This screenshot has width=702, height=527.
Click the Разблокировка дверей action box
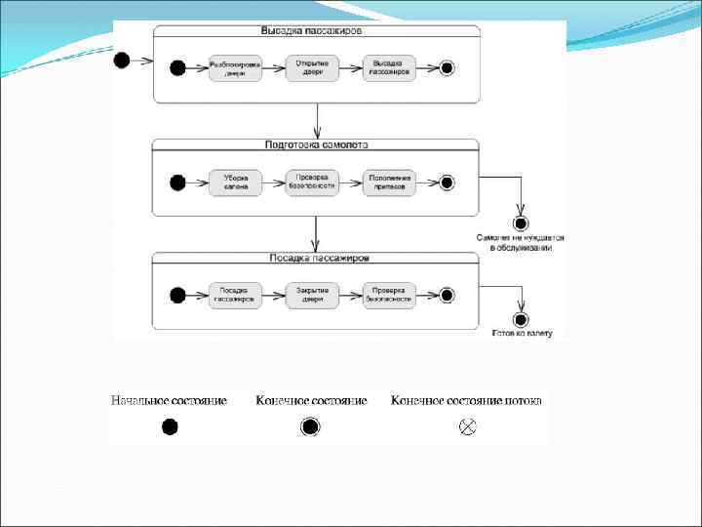[235, 67]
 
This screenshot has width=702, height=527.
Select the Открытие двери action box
[312, 67]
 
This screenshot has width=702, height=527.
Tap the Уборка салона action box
[235, 182]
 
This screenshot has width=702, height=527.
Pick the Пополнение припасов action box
[390, 182]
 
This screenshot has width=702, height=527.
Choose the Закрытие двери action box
[312, 295]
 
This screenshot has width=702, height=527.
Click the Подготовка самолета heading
[316, 144]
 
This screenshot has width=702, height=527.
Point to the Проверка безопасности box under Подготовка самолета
[312, 182]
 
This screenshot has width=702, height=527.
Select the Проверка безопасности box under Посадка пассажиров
[390, 295]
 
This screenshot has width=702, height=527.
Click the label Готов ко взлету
[522, 334]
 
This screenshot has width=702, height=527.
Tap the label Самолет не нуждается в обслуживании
[520, 242]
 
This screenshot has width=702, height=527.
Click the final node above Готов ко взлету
[521, 319]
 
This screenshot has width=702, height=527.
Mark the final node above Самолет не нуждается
[521, 223]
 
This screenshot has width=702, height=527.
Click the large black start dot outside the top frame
[122, 61]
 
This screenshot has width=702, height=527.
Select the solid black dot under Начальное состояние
[170, 426]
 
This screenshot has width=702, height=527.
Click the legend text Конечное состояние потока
[466, 401]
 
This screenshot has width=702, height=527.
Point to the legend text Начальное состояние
[170, 401]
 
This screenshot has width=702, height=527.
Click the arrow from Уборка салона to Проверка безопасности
[273, 182]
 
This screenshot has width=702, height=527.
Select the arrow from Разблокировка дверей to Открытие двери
[273, 67]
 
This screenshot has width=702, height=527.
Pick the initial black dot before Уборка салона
[177, 182]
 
